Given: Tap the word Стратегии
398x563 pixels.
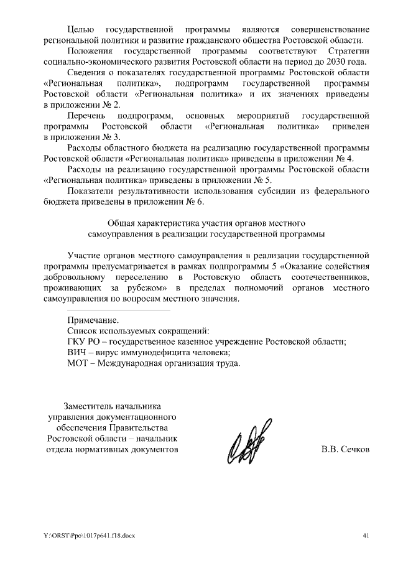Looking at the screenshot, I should [348, 50].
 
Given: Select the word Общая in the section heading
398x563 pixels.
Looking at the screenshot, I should [121, 223].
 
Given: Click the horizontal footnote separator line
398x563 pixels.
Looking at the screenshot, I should [118, 309].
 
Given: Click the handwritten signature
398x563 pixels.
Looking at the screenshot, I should [246, 447].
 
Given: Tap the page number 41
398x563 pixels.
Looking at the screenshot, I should [366, 534].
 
